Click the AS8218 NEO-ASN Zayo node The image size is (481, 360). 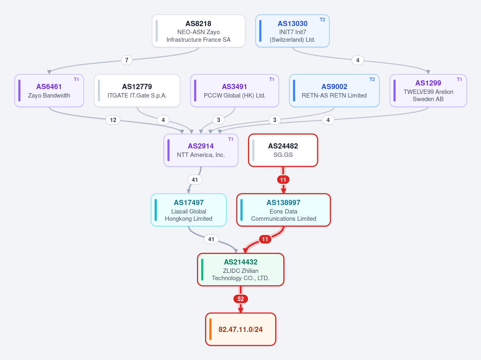199,31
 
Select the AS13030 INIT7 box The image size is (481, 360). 292,31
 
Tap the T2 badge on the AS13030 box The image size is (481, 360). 322,20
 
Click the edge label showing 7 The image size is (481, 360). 127,60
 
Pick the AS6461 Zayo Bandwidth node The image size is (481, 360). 49,91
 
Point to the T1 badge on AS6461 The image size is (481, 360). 76,79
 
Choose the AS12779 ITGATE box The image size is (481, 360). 137,91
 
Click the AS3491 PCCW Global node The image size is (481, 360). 235,91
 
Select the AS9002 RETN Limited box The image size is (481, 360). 334,91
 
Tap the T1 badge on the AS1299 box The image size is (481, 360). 459,79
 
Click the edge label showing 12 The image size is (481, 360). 113,120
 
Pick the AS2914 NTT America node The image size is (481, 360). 201,150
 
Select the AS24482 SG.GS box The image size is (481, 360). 283,150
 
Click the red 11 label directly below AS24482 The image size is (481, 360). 283,180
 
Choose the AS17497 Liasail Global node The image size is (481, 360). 189,210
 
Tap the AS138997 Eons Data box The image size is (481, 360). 284,210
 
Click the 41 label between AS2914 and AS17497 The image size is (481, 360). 195,180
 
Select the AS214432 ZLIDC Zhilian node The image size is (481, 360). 241,269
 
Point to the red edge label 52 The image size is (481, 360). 241,299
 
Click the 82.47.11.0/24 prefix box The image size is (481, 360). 241,329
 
